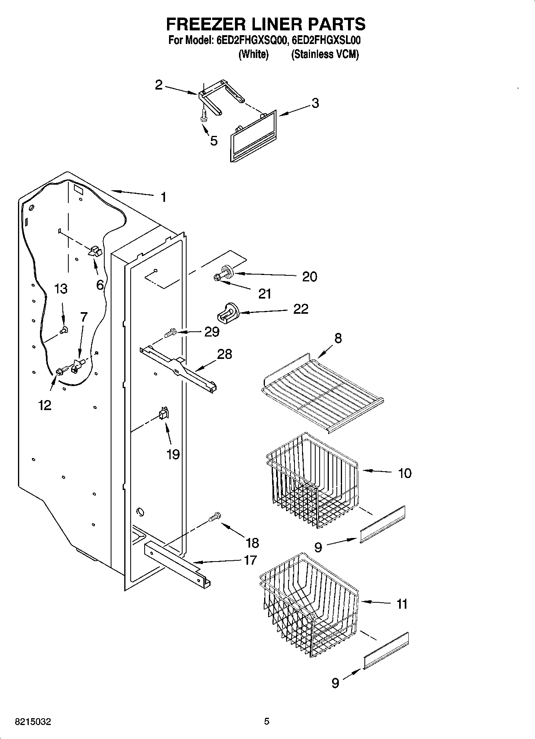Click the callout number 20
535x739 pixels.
click(x=309, y=276)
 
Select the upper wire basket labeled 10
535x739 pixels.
click(x=312, y=480)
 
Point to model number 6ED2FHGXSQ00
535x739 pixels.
click(x=251, y=41)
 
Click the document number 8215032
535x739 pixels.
click(x=33, y=722)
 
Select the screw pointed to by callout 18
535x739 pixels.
click(x=214, y=518)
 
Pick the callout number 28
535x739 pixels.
click(x=224, y=354)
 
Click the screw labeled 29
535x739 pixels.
click(x=171, y=332)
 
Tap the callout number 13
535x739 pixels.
click(x=61, y=289)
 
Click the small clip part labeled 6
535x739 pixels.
click(x=95, y=251)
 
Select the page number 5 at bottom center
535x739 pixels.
click(x=267, y=721)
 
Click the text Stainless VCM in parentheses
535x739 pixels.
click(x=325, y=54)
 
